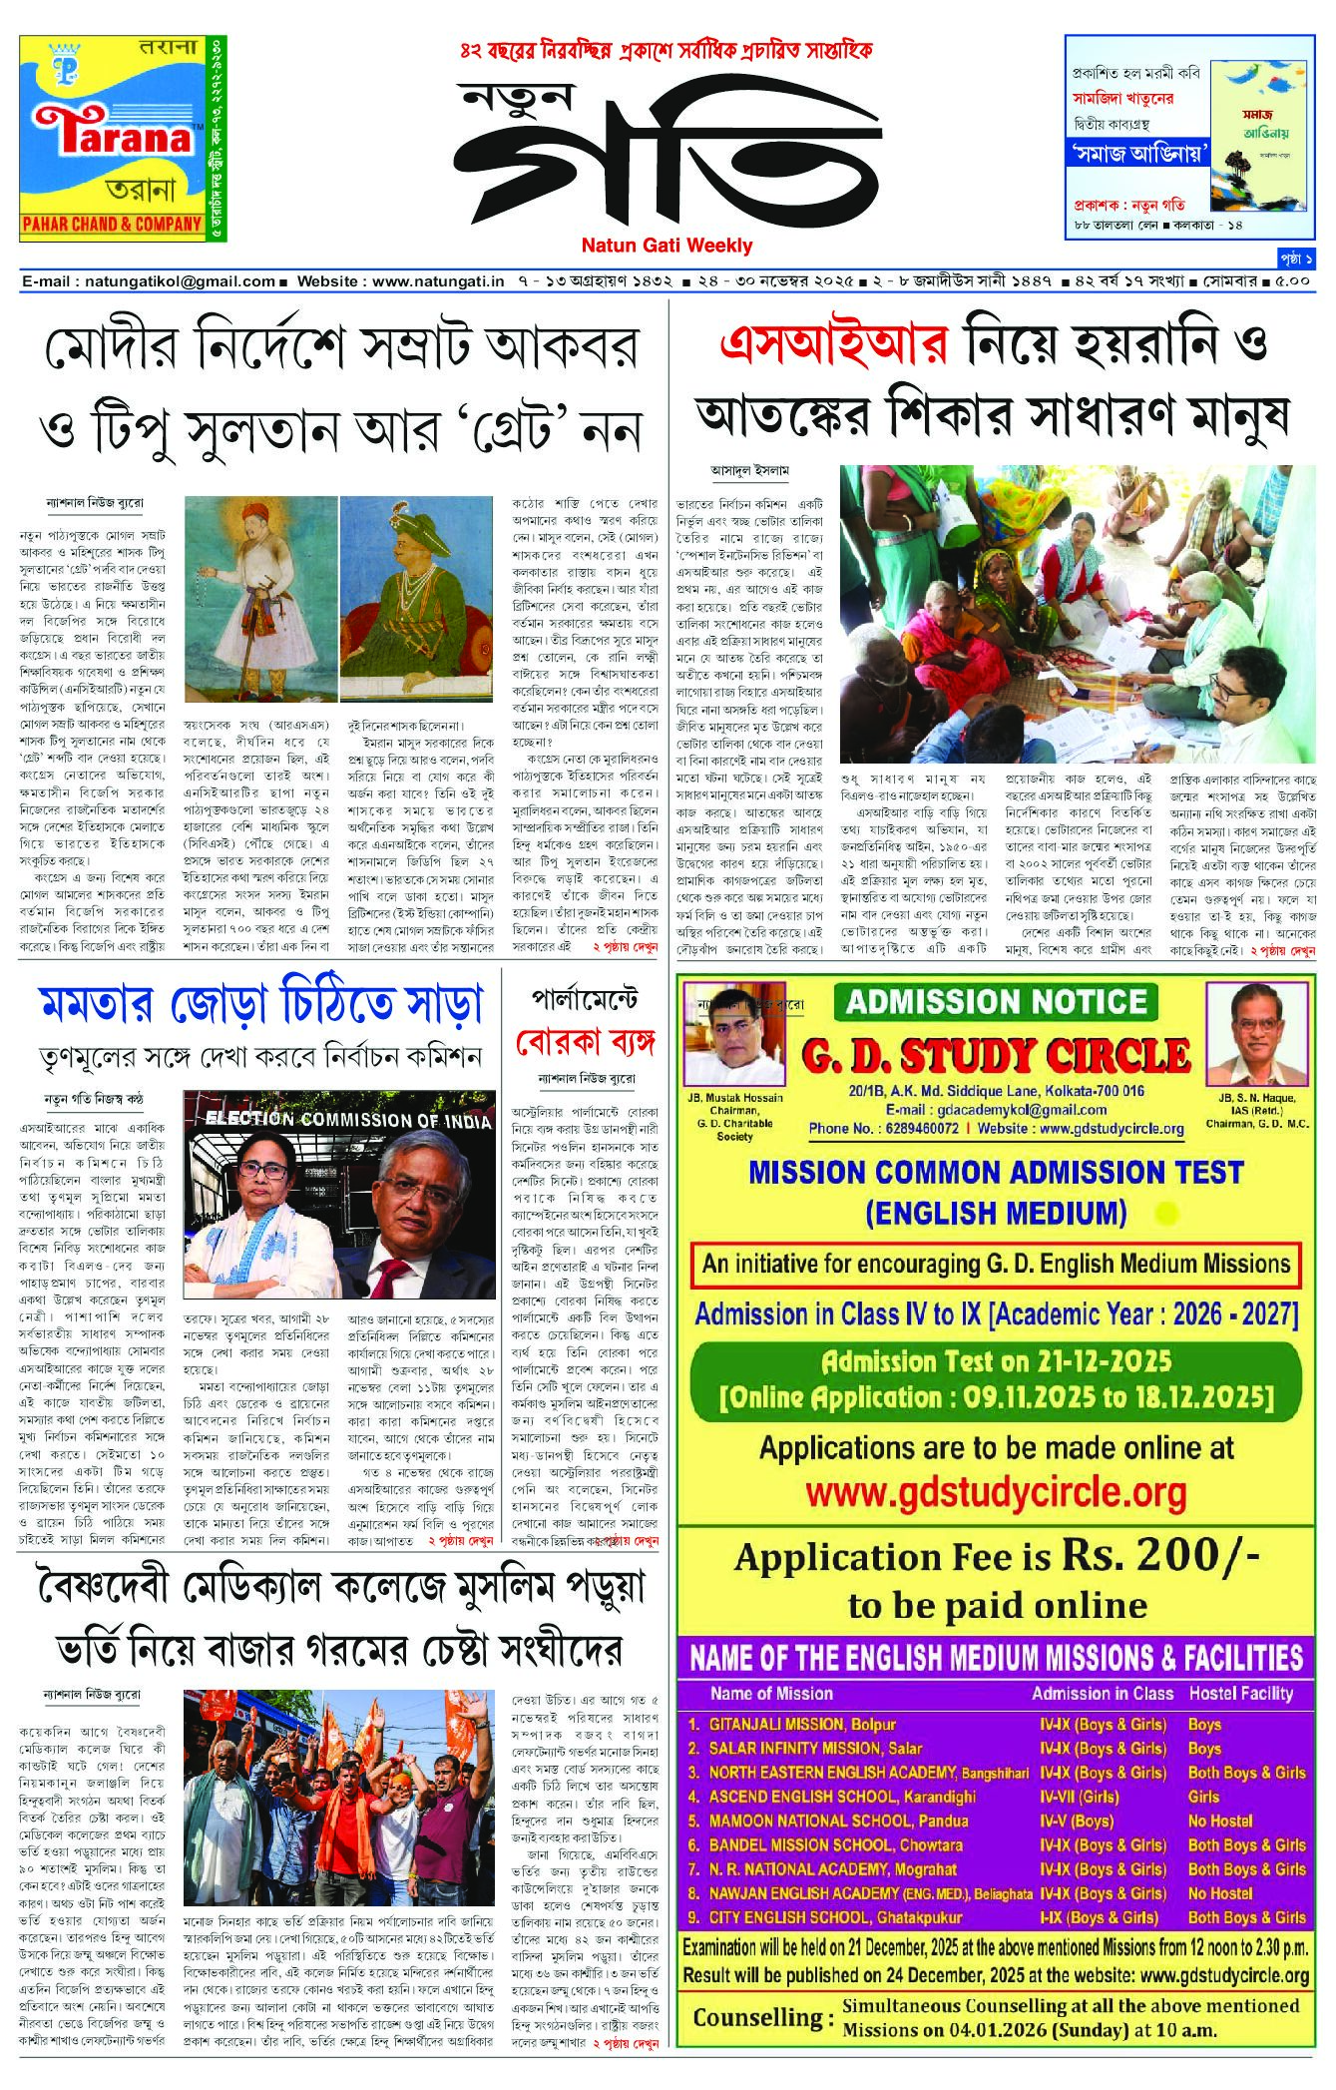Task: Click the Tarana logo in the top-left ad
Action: tap(112, 136)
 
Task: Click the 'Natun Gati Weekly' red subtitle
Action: tap(667, 245)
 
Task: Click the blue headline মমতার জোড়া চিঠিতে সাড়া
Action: tap(260, 1004)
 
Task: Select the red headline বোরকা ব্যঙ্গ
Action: tap(585, 1044)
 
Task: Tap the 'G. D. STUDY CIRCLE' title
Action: tap(995, 1055)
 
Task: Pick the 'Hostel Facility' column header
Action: tap(1240, 1693)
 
